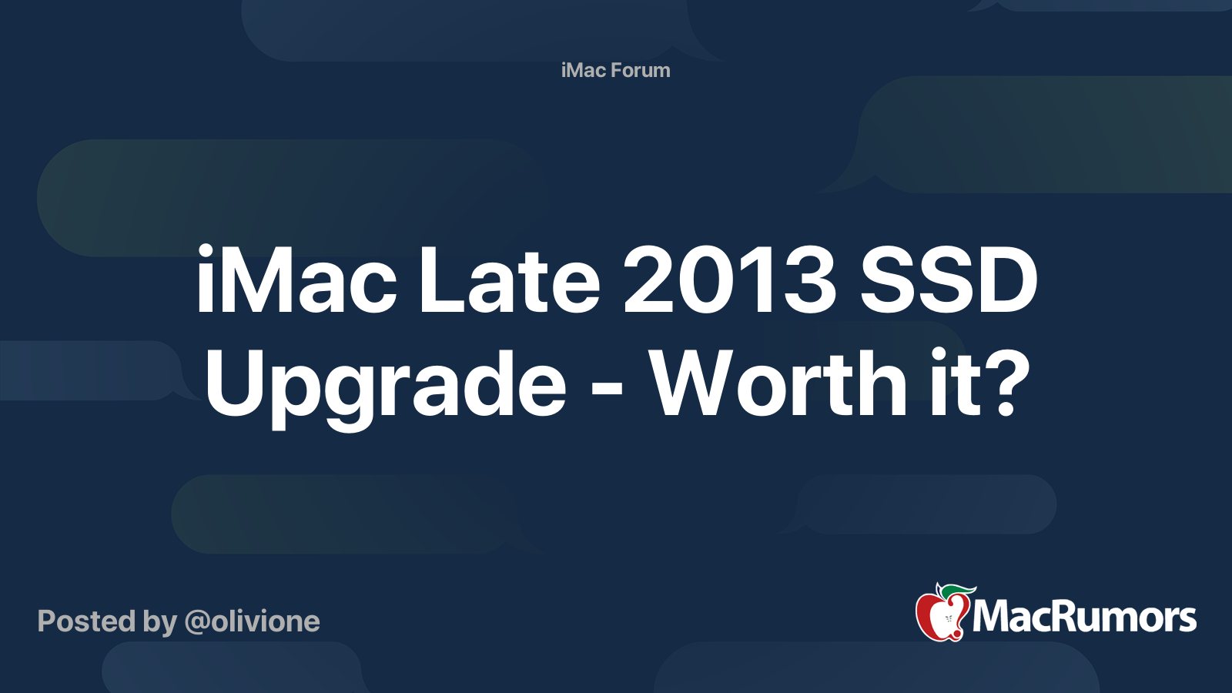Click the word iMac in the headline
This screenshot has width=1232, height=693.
coord(296,279)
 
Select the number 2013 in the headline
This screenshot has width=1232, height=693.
coord(730,280)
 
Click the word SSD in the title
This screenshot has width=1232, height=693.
coord(949,280)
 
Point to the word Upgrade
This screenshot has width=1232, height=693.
coord(386,389)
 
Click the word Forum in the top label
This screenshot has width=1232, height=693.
coord(640,70)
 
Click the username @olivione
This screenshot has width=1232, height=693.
coord(253,621)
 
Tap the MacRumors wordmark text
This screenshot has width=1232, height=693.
coord(1084,618)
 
